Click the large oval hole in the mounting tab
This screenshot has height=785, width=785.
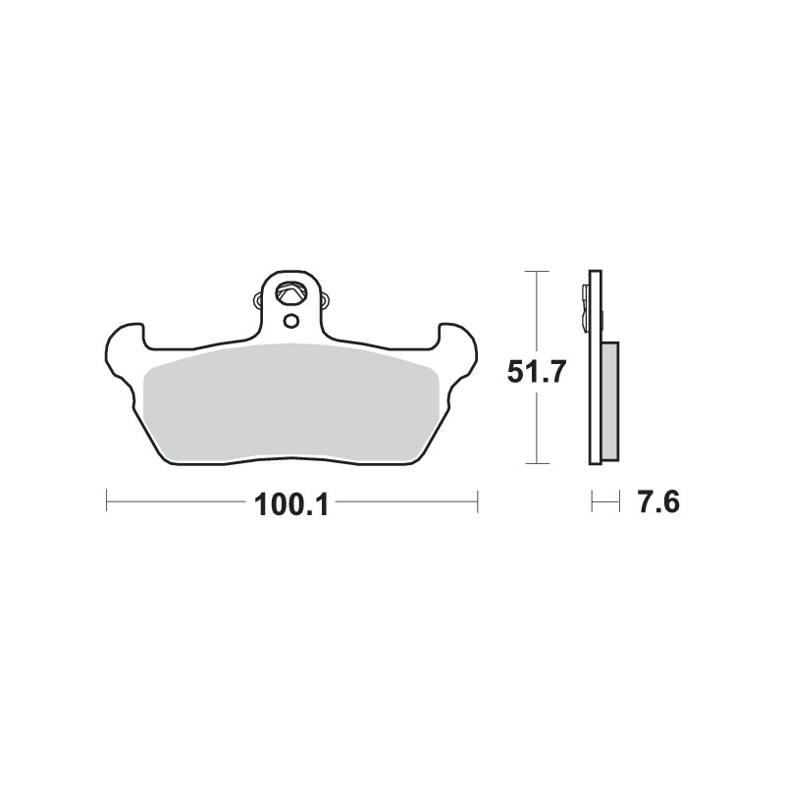coord(289,292)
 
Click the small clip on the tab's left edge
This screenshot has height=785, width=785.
coord(258,296)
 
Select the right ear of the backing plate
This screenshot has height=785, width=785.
coord(458,345)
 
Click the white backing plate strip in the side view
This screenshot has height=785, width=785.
coord(594,412)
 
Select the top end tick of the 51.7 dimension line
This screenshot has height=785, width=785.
coord(536,271)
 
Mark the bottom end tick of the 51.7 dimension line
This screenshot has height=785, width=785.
coord(536,463)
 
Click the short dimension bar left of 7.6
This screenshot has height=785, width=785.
coord(605,504)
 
